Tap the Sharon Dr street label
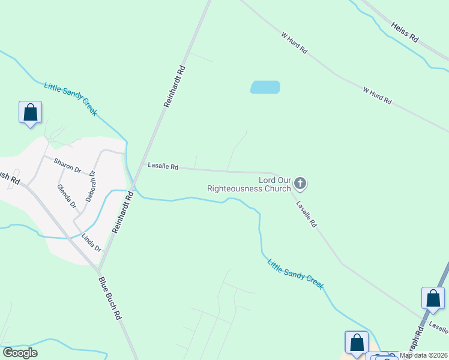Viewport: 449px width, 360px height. click(67, 165)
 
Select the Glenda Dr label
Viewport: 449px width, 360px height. click(67, 196)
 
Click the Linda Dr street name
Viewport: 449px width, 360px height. click(91, 242)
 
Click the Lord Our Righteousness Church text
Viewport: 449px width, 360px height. click(249, 184)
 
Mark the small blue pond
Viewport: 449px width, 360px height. click(265, 87)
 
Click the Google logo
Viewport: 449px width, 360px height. click(20, 353)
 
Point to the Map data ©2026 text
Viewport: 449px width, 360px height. click(423, 355)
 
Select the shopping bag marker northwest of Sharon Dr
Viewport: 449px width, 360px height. click(30, 112)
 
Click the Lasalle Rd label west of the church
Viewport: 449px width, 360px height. click(163, 167)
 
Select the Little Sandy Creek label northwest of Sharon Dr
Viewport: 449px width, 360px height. click(70, 96)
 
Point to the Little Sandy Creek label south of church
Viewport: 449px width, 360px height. click(295, 274)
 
